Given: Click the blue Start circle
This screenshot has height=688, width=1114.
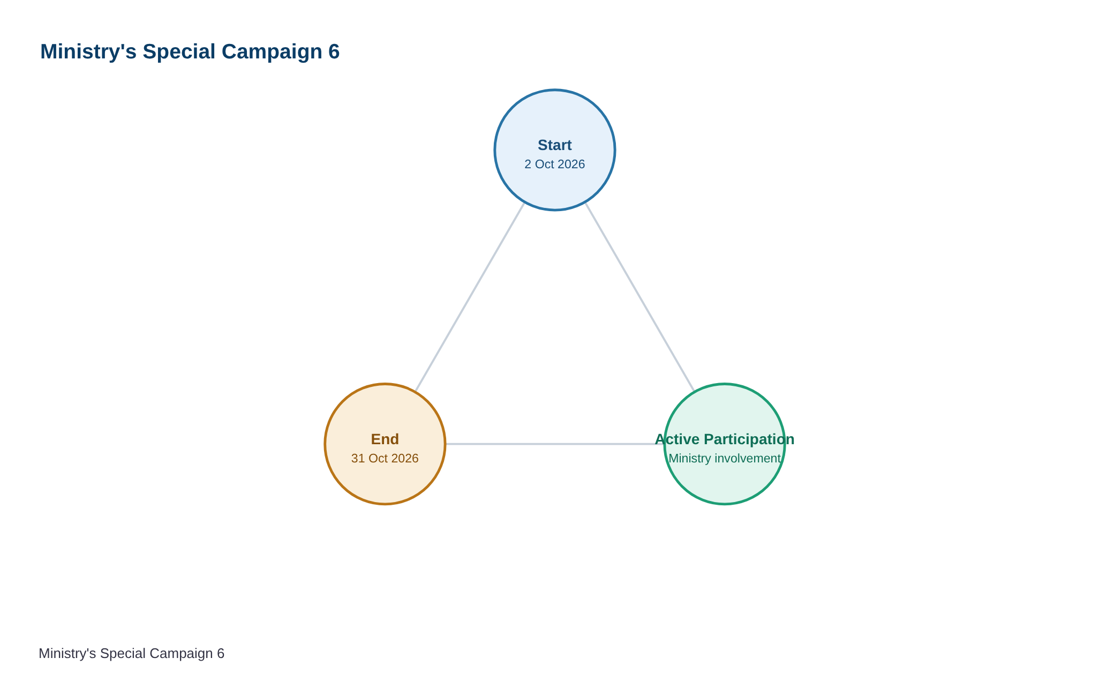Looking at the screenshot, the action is pos(555,150).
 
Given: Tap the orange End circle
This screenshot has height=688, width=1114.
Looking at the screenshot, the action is pos(385,444).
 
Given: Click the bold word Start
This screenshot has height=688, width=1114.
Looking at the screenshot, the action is pos(555,145).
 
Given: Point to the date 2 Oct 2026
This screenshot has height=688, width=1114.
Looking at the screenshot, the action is pos(555,164).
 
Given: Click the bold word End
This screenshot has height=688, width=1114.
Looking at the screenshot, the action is pos(385,439).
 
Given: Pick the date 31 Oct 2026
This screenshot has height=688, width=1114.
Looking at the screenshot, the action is pos(385,459).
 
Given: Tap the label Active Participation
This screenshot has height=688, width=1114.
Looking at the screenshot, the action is pos(725,439).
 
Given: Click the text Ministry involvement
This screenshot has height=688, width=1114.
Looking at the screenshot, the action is pos(725,459).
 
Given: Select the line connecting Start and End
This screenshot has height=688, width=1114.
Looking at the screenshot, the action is pos(470,297).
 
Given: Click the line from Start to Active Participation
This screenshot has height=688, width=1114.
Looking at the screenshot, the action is pos(640,297).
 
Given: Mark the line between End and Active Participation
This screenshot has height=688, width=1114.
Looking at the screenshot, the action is pos(555,444).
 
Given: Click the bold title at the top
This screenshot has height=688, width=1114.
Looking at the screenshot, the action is pos(190,51).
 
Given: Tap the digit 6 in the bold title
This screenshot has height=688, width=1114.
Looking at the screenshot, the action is pos(334,51).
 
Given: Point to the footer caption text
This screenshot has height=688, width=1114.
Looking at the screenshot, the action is pos(132,654).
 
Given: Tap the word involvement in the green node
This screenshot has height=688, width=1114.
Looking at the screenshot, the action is pos(748,459).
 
